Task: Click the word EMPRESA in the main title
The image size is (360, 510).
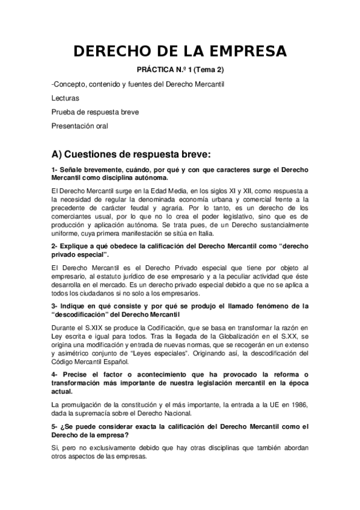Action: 239,51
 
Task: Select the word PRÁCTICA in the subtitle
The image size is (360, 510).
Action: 158,70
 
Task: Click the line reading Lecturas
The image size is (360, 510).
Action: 65,97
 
